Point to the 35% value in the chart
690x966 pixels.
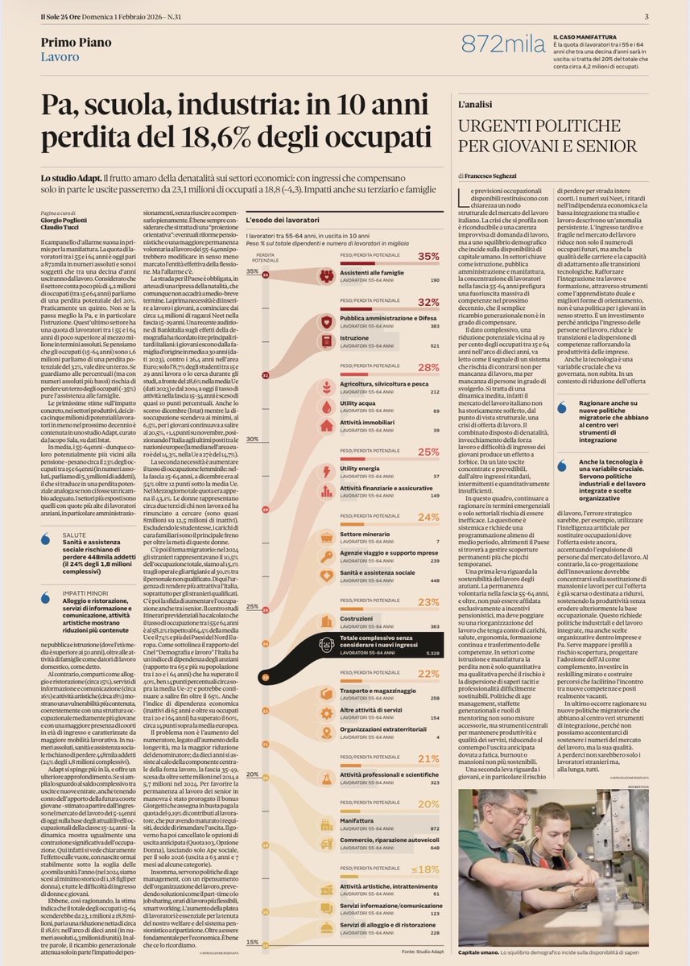(428, 256)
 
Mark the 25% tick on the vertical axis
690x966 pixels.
(253, 606)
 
